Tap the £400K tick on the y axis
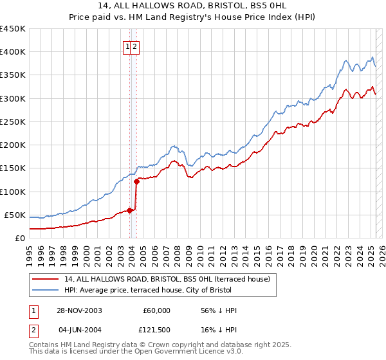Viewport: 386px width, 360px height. click(x=12, y=52)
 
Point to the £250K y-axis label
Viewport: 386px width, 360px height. click(x=12, y=122)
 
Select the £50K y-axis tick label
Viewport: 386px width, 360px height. click(x=15, y=215)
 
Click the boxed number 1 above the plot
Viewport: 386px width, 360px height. click(x=128, y=46)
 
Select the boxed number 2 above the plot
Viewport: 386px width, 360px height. click(x=136, y=46)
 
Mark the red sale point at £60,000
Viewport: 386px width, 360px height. click(x=130, y=210)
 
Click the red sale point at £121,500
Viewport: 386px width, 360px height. click(x=136, y=181)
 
